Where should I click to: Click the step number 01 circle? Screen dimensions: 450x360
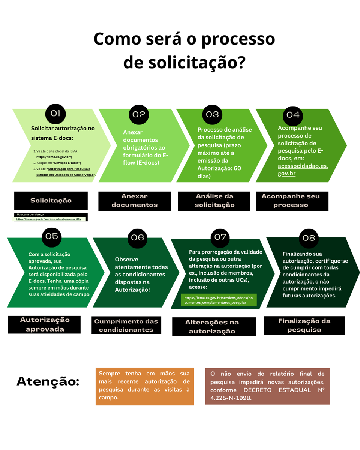(55, 114)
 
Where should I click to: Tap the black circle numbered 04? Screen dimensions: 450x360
(293, 115)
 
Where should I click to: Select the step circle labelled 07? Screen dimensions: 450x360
(220, 237)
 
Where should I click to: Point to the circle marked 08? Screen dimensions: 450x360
(309, 238)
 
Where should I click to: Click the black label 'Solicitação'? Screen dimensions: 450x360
(51, 201)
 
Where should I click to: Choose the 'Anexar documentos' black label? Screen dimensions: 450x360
(134, 201)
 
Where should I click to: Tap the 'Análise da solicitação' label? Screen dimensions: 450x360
(214, 201)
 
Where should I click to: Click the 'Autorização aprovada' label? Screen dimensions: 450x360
(45, 324)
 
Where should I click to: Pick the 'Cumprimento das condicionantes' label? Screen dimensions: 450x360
(126, 325)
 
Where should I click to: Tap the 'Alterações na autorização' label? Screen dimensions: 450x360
(212, 327)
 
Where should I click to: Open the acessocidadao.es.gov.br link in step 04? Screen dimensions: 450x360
(303, 170)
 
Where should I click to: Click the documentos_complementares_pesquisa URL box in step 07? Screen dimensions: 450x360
(219, 300)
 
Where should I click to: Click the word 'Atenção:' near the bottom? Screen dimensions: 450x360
(48, 381)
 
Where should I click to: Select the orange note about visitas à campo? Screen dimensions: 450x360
(145, 386)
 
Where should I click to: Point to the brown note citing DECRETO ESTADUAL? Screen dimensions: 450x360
(267, 386)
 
